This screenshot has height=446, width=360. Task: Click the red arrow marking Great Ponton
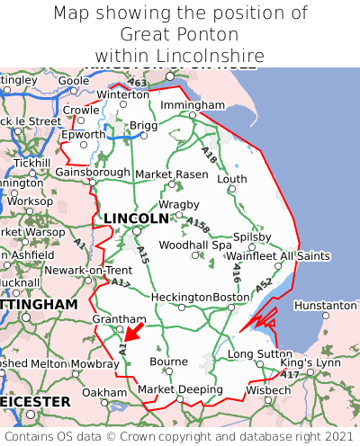tap(132, 332)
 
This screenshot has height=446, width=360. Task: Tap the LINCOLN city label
tap(136, 219)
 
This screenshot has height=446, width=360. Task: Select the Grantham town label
tap(119, 319)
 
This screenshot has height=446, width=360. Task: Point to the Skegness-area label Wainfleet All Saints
tap(279, 256)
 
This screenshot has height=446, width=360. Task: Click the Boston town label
tap(230, 298)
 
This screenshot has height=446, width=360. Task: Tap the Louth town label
tap(232, 179)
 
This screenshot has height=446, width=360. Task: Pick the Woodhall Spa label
tap(195, 245)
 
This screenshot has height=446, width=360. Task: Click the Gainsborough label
tap(93, 172)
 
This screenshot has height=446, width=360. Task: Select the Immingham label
tap(193, 105)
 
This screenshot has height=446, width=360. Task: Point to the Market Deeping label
tap(180, 389)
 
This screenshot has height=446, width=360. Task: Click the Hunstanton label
tap(326, 306)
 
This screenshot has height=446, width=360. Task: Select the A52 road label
tap(264, 285)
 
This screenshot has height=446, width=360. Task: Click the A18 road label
tap(210, 156)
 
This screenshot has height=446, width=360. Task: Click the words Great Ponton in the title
tap(180, 35)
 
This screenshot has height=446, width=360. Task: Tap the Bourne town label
tap(168, 361)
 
